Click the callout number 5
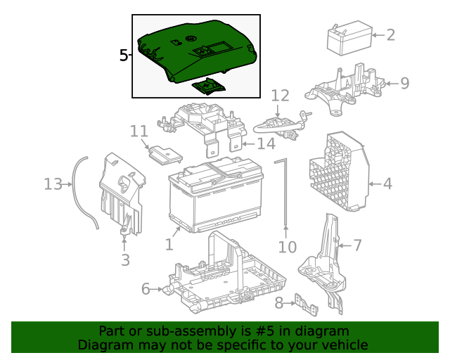(123, 56)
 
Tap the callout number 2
(390, 34)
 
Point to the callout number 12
(280, 95)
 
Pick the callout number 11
(139, 131)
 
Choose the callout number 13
(53, 184)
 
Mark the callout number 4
(387, 184)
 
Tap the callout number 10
(288, 247)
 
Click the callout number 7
(357, 245)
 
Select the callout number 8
(278, 303)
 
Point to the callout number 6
(146, 289)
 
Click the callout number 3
(125, 261)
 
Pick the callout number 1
(169, 244)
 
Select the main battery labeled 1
(214, 198)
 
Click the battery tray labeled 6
(225, 278)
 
